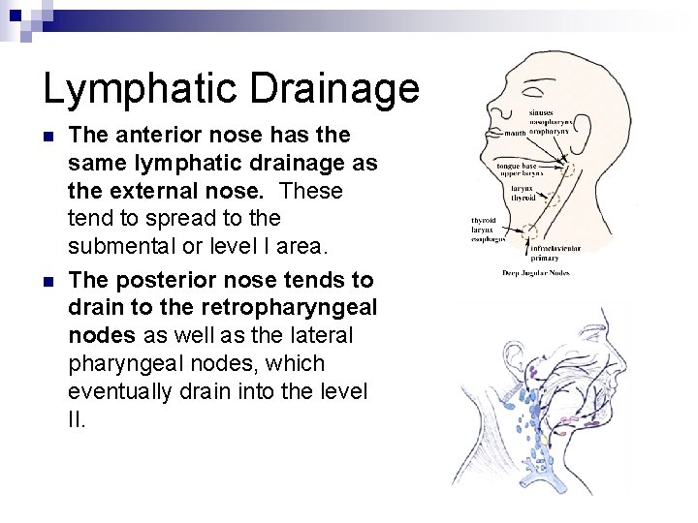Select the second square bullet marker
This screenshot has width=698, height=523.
pos(50,282)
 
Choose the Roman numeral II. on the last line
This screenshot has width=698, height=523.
pos(78,420)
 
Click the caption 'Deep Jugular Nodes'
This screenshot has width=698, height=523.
pos(535,272)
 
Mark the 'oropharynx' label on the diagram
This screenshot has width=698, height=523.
pos(574,132)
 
